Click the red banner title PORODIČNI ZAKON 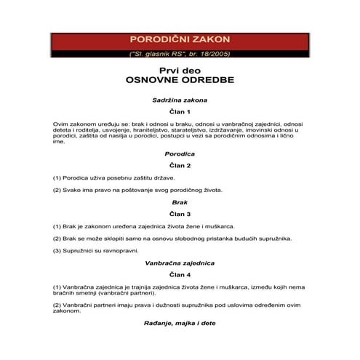(x=180, y=39)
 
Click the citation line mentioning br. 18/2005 (x=180, y=53)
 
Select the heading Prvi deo (x=180, y=70)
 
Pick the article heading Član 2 (x=180, y=166)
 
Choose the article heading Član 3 (x=180, y=215)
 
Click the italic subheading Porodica (x=180, y=154)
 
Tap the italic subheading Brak (x=180, y=203)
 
